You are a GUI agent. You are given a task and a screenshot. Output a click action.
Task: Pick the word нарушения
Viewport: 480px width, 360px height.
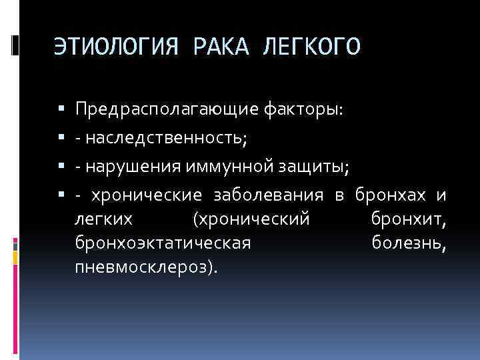[121, 167]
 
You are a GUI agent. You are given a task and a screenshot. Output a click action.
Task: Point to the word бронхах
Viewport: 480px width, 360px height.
[390, 195]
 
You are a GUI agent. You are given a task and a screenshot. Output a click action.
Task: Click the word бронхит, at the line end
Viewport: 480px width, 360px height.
[409, 219]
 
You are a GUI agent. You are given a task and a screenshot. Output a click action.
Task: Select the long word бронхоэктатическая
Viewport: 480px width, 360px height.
[163, 243]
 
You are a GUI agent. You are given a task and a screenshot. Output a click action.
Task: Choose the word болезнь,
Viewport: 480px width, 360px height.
[409, 243]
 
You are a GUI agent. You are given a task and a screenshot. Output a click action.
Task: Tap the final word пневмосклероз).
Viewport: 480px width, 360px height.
[147, 267]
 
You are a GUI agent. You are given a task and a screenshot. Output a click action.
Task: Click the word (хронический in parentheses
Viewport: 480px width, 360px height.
[250, 219]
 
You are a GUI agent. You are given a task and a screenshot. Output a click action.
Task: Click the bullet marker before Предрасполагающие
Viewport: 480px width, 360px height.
[61, 109]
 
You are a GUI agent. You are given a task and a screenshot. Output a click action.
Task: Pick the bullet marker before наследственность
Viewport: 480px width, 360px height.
[61, 138]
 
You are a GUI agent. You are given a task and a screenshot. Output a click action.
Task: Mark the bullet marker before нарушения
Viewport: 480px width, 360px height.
[61, 167]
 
